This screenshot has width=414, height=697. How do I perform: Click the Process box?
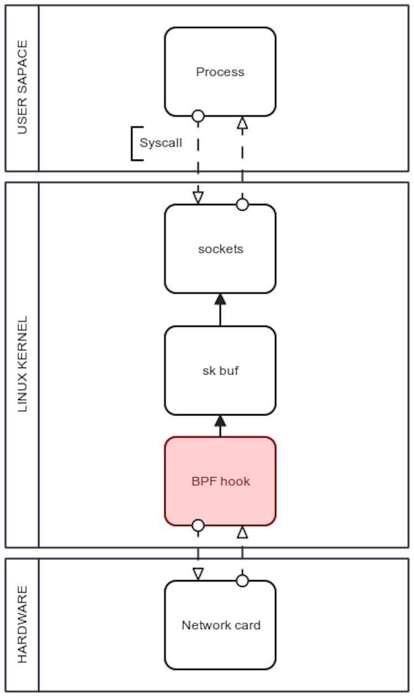(x=220, y=72)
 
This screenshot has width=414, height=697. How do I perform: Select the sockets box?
(x=220, y=248)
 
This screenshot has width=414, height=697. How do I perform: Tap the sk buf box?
(x=220, y=370)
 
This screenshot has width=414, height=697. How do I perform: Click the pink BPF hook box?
(x=220, y=481)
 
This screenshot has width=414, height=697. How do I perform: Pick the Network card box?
(x=220, y=625)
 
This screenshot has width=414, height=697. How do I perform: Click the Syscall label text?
(x=161, y=143)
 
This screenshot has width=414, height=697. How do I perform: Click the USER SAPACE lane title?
(x=22, y=89)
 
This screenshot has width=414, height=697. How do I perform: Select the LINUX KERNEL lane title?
(x=22, y=365)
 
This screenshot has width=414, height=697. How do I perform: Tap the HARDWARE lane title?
(x=22, y=625)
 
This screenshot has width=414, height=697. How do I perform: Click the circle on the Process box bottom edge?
(x=198, y=116)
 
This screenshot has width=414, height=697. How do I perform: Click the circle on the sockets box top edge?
(x=242, y=205)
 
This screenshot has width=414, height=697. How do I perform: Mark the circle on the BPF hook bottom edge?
(x=198, y=525)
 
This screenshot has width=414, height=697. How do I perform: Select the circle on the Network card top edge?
(x=242, y=581)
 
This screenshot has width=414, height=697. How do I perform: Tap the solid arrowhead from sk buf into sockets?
(x=220, y=299)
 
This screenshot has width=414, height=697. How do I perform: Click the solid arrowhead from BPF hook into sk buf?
(x=220, y=421)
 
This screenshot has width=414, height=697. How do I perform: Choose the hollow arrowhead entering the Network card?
(x=198, y=574)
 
